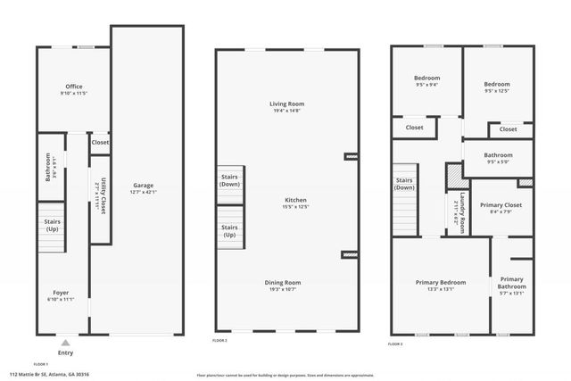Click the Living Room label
click(287, 104)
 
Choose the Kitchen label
click(295, 200)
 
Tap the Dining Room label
click(287, 283)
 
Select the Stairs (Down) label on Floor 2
click(229, 179)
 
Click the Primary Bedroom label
click(441, 283)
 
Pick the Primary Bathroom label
click(512, 283)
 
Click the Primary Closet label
click(501, 205)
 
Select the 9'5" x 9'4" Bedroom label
click(427, 78)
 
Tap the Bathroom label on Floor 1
click(48, 168)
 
